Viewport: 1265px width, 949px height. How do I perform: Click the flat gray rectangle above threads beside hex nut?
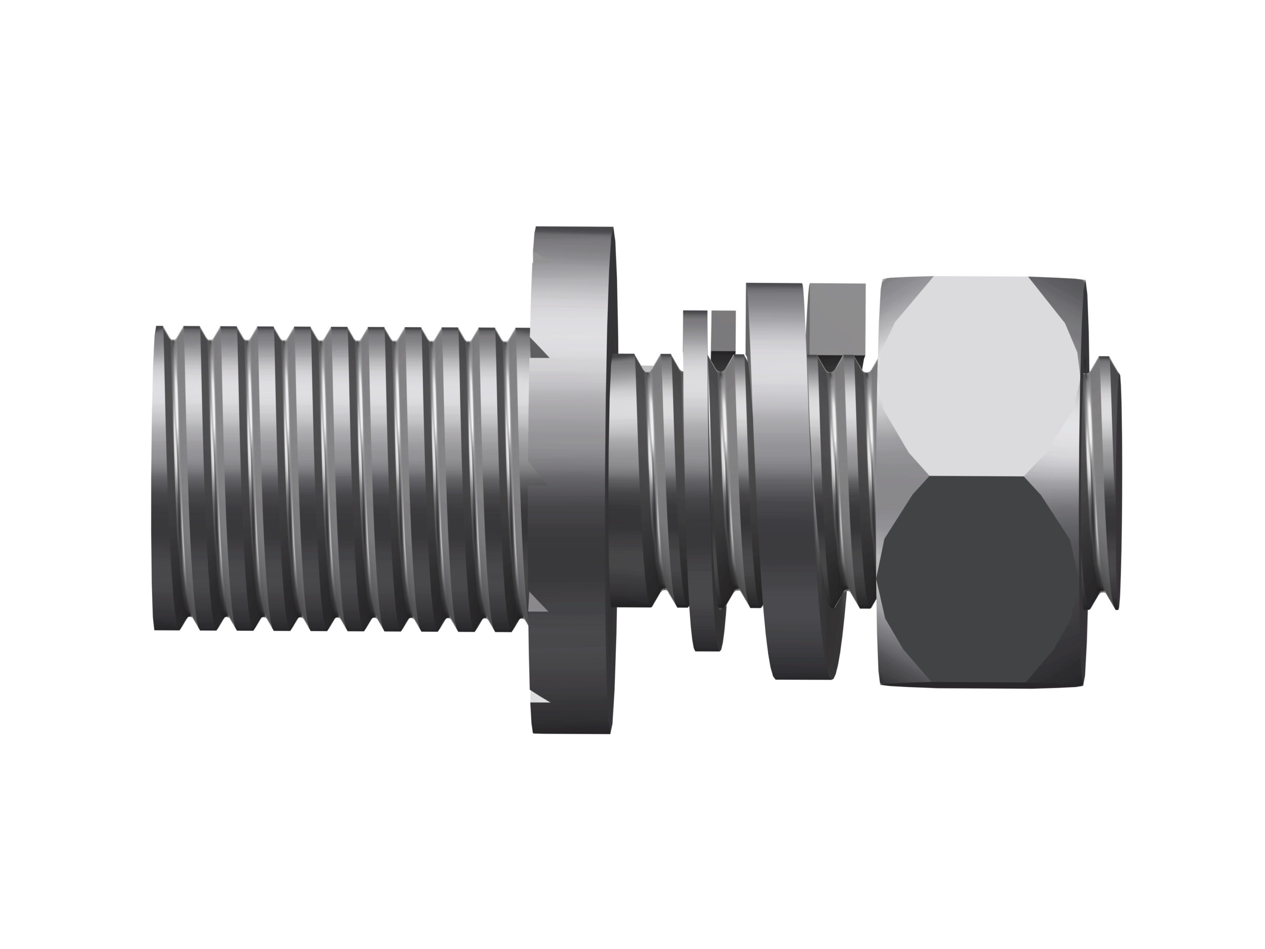[837, 319]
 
